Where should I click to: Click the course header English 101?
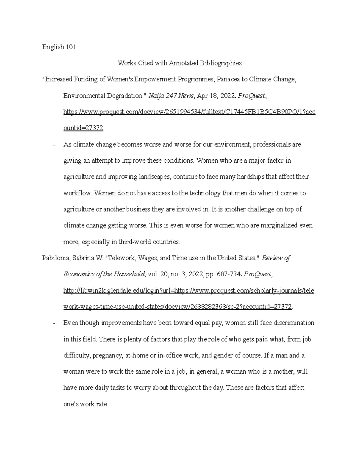point(59,47)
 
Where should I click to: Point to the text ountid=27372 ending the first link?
point(83,128)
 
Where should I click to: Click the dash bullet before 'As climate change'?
point(54,145)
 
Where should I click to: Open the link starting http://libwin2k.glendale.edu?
point(189,290)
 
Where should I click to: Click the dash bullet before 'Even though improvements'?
point(54,323)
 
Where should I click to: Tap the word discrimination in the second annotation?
point(293,323)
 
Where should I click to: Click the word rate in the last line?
point(101,404)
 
